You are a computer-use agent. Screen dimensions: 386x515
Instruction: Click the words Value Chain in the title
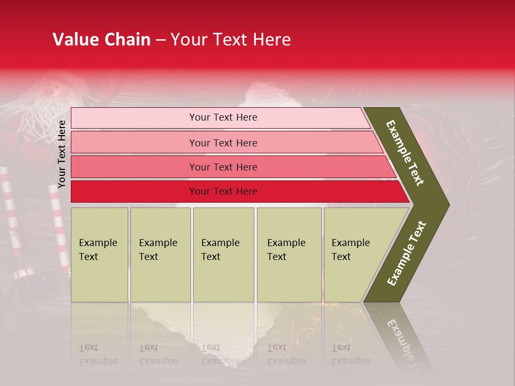pyautogui.click(x=101, y=40)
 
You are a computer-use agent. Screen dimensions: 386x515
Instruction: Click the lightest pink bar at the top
pyautogui.click(x=134, y=118)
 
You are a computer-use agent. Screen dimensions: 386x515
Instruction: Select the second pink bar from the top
pyautogui.click(x=134, y=143)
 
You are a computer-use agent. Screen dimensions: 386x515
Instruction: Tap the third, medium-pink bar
pyautogui.click(x=134, y=167)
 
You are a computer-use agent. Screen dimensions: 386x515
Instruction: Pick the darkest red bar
pyautogui.click(x=134, y=191)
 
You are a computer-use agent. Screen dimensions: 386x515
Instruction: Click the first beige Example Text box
pyautogui.click(x=99, y=255)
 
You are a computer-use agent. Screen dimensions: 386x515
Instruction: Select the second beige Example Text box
pyautogui.click(x=160, y=255)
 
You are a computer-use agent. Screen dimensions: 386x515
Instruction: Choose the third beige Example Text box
pyautogui.click(x=223, y=255)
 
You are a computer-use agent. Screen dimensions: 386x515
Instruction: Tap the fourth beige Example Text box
pyautogui.click(x=289, y=255)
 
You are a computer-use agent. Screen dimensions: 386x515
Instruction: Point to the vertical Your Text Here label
pyautogui.click(x=62, y=154)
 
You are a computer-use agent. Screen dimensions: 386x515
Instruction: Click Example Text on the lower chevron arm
pyautogui.click(x=407, y=253)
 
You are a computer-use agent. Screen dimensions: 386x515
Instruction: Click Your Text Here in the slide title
pyautogui.click(x=231, y=40)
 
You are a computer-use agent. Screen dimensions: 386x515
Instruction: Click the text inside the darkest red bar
pyautogui.click(x=223, y=191)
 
